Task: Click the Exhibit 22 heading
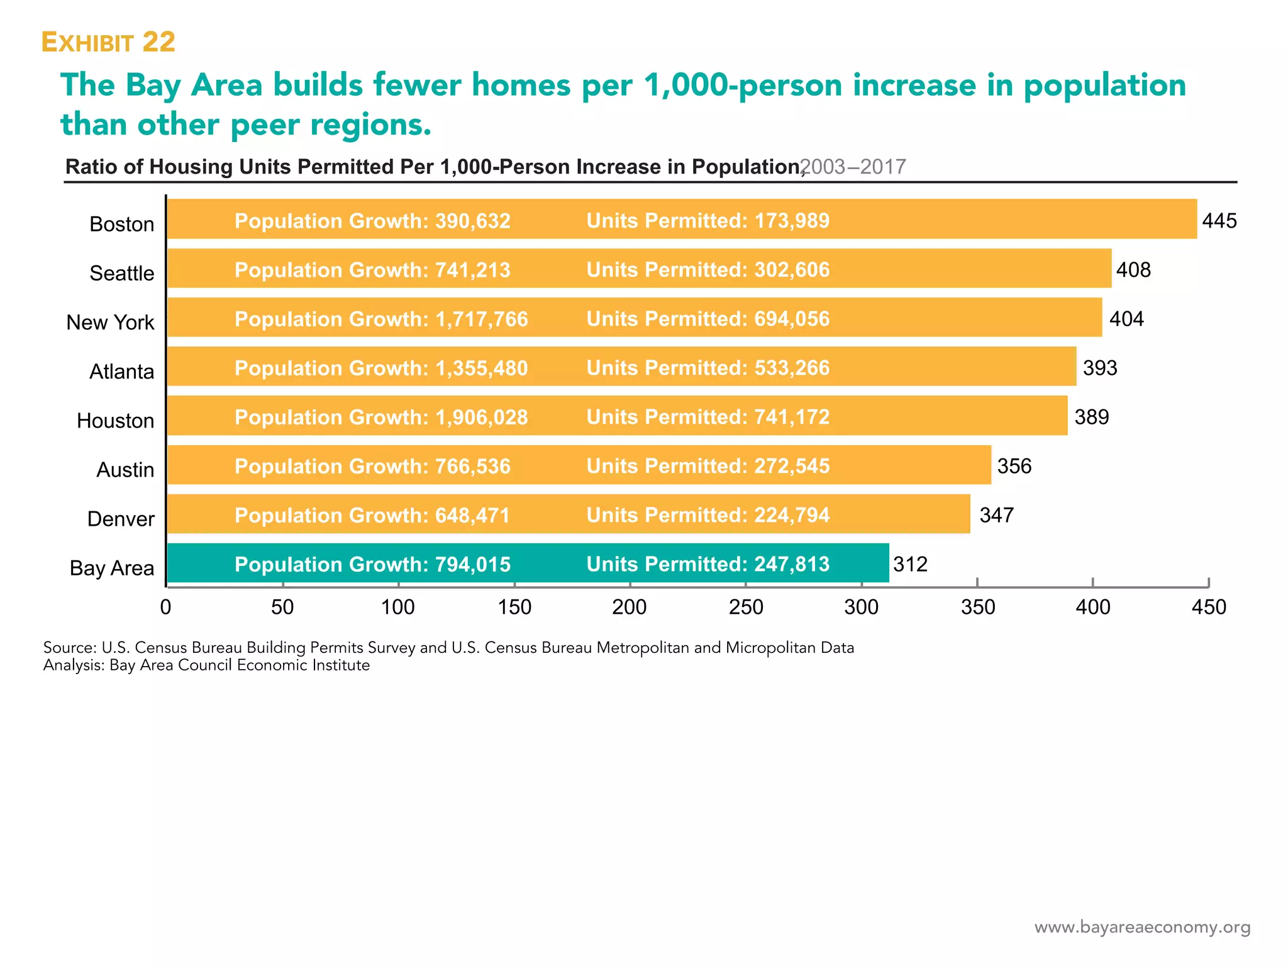click(x=108, y=42)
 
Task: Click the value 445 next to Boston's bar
click(x=1219, y=221)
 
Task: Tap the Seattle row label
click(x=121, y=273)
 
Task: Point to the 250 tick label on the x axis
click(x=746, y=607)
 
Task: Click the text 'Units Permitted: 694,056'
click(x=708, y=319)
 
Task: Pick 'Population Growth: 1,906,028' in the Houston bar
click(x=381, y=417)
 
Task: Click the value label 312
click(x=910, y=564)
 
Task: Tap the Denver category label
click(x=121, y=519)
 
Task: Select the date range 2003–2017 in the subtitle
click(x=853, y=167)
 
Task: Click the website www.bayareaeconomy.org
click(x=1142, y=927)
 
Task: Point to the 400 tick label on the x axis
click(x=1092, y=607)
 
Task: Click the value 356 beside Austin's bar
click(x=1014, y=466)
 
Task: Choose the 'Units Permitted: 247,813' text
click(x=708, y=564)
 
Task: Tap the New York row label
click(x=110, y=322)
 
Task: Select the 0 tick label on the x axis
click(x=166, y=607)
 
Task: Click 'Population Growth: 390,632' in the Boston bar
click(x=372, y=221)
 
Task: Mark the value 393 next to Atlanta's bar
click(x=1099, y=368)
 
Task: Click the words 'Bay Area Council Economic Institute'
click(x=239, y=665)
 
